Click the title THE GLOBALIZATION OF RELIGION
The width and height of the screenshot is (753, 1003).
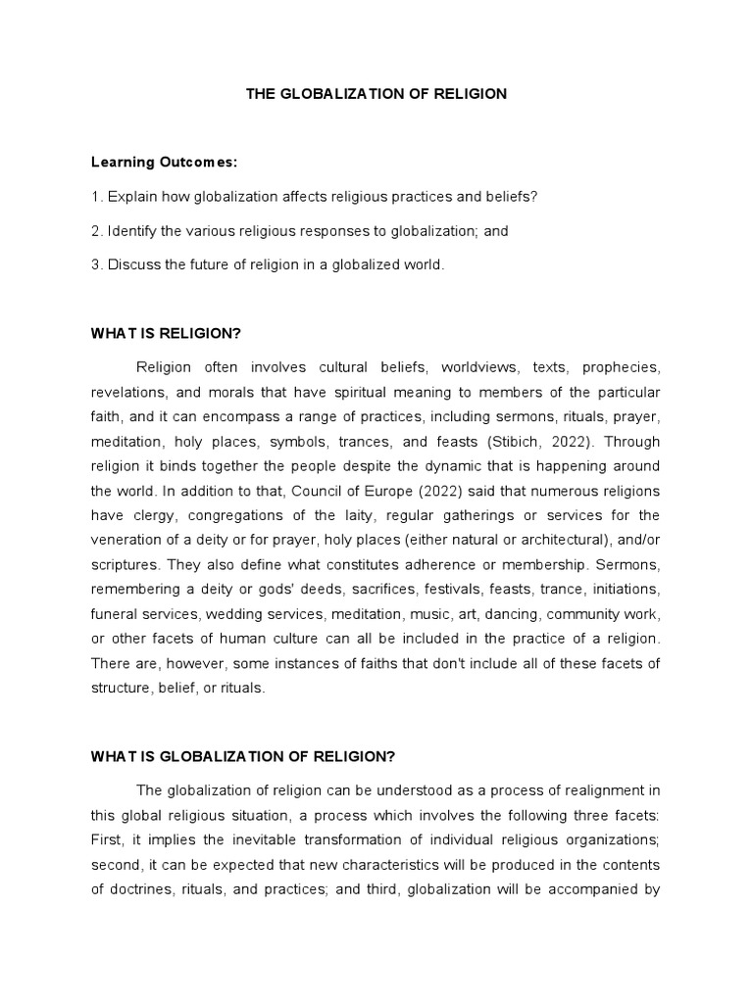pyautogui.click(x=376, y=94)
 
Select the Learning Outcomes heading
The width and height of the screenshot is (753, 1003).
pyautogui.click(x=164, y=162)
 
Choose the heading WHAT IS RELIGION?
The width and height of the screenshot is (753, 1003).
pyautogui.click(x=166, y=333)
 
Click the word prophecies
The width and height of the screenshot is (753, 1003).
pyautogui.click(x=621, y=367)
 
